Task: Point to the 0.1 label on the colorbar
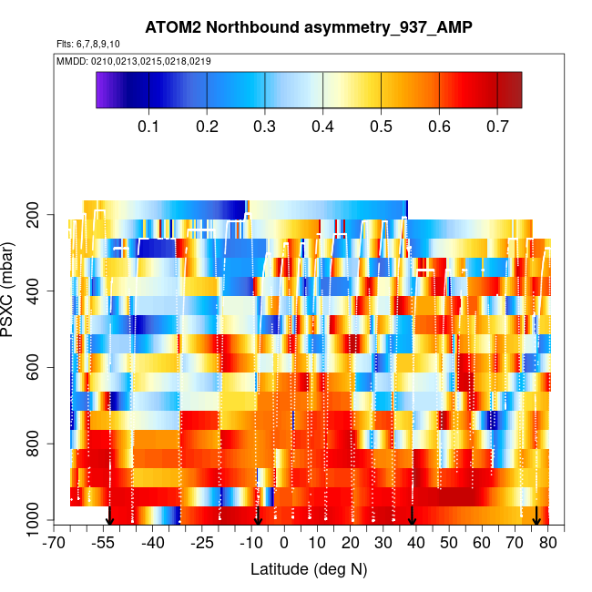tap(149, 127)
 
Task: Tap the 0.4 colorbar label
tap(322, 127)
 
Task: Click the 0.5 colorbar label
tap(381, 127)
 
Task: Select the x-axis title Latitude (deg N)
tap(309, 569)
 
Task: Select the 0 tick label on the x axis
tap(284, 544)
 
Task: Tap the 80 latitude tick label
tap(547, 544)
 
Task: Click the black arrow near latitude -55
tap(109, 516)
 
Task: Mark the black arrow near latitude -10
tap(258, 516)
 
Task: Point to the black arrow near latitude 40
tap(413, 516)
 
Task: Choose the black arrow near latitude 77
tap(536, 516)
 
